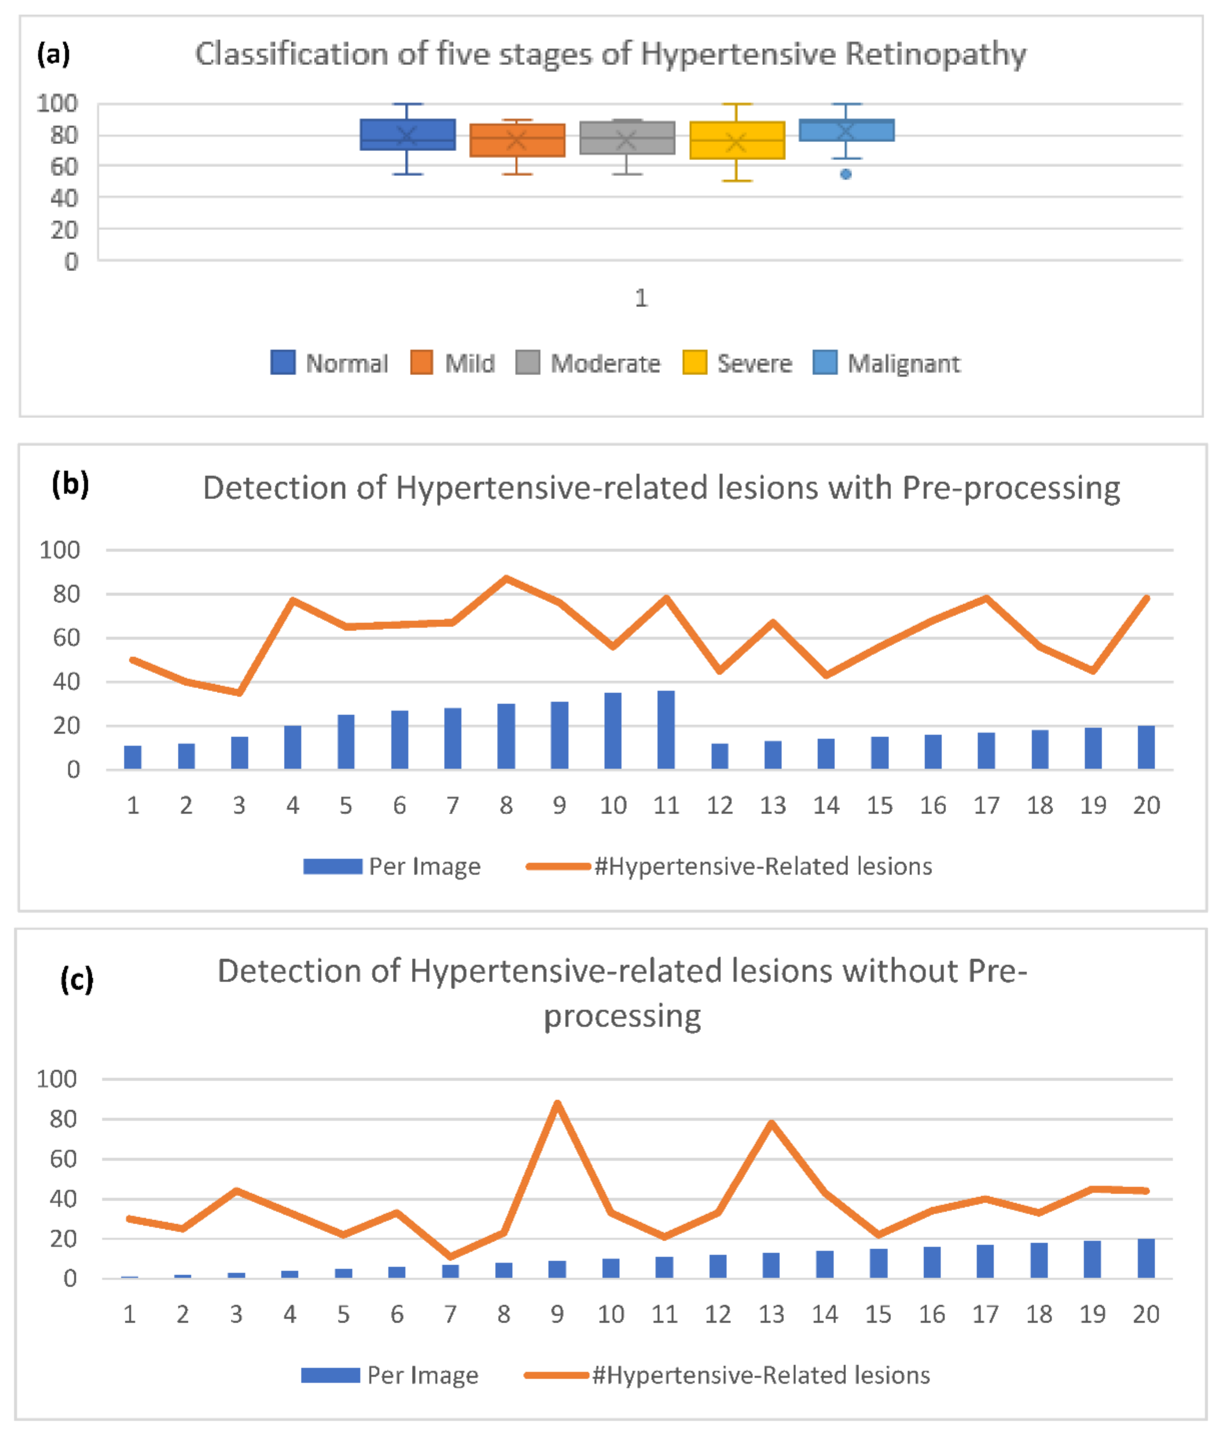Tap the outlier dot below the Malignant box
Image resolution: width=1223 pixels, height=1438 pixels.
tap(846, 174)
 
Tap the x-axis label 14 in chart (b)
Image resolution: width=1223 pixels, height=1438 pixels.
tap(826, 805)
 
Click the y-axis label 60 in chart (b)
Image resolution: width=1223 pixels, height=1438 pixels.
tap(66, 637)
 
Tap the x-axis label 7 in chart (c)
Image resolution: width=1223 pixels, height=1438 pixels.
tap(450, 1314)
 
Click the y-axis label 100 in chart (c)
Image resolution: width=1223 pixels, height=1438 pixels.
tap(56, 1079)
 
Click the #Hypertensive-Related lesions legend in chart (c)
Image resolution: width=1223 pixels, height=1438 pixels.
tap(760, 1375)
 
